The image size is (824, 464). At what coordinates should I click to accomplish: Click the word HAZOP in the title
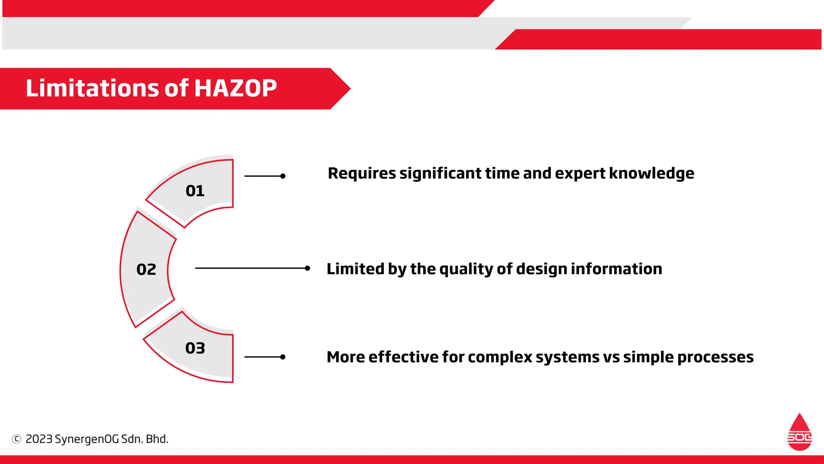[x=236, y=88]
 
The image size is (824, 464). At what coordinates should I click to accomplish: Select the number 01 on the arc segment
[x=195, y=191]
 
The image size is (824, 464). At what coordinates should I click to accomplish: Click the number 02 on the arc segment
[x=146, y=269]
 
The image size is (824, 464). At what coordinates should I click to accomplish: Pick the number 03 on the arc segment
[x=195, y=348]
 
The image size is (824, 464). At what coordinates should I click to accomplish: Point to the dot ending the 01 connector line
[x=283, y=176]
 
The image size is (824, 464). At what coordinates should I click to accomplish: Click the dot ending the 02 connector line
[x=307, y=268]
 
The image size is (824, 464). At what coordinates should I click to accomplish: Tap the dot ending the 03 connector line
[x=283, y=357]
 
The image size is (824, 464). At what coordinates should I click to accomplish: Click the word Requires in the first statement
[x=362, y=174]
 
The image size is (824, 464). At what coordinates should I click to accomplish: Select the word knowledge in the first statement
[x=651, y=174]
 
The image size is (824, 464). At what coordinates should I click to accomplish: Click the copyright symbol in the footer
[x=16, y=439]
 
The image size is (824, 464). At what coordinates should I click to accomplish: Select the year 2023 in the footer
[x=39, y=439]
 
